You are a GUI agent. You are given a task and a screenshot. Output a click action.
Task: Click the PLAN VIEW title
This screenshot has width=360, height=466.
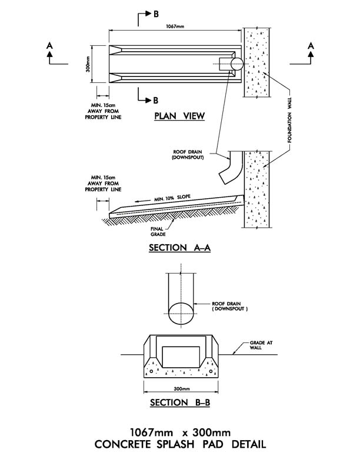pos(179,116)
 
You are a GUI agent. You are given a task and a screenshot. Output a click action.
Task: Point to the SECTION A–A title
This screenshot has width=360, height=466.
pos(180,248)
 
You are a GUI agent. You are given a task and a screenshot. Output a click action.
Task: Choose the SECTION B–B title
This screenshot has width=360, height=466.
pos(179,403)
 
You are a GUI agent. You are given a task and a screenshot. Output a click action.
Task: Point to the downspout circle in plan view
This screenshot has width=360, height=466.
pos(236,64)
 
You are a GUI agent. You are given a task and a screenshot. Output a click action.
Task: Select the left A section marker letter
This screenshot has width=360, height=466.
pos(49,45)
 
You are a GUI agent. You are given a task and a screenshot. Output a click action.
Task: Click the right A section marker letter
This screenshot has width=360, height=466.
pos(311,45)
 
